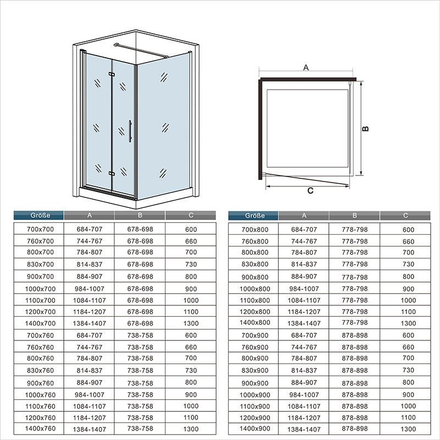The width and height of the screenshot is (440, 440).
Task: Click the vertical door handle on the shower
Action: pos(130,131)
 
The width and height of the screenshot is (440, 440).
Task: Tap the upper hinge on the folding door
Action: pos(112,74)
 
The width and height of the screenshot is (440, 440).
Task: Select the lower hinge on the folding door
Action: pos(112,173)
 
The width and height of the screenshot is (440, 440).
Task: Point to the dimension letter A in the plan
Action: pos(306,68)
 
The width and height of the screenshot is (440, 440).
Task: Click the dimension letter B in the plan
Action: pos(365,129)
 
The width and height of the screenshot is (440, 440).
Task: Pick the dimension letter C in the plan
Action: pos(310,190)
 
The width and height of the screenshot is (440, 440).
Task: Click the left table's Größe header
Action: pos(40,215)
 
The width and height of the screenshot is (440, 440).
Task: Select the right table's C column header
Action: pos(405,215)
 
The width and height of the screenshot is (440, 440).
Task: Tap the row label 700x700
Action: pos(40,229)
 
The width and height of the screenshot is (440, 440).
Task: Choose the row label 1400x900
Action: pos(255,428)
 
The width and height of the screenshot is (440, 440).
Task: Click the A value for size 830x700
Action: pos(89,265)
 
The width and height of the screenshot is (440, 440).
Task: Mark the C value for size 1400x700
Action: pos(191,323)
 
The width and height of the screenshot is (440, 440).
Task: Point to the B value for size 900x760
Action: pos(140,383)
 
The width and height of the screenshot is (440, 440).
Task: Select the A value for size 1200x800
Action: pos(304,312)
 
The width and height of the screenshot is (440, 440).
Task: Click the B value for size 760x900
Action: pos(355,347)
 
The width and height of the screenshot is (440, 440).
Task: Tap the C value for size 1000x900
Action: pos(408,395)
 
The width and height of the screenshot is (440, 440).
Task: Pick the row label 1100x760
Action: pos(40,406)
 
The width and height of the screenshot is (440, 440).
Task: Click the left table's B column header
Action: pos(140,215)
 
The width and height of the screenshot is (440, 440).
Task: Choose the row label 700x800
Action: pos(255,229)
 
